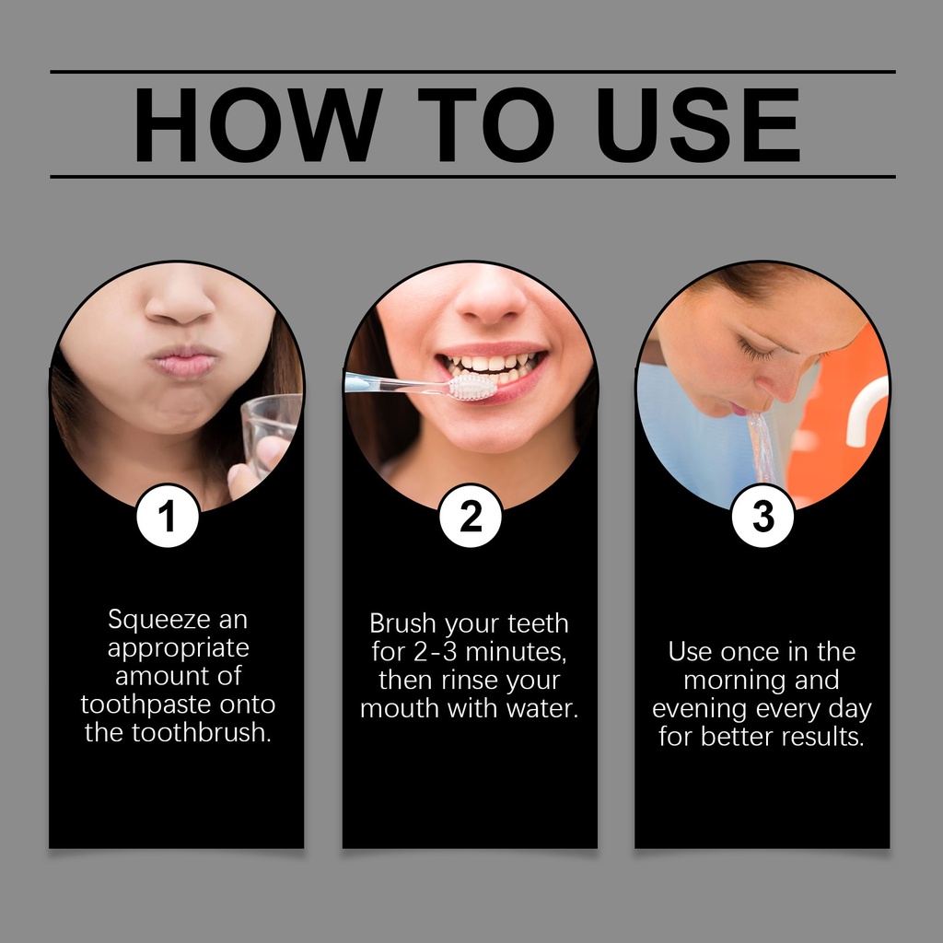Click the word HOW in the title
point(258,124)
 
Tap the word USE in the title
point(698,124)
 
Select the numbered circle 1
point(168,516)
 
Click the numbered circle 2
point(471,516)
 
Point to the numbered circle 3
point(763,516)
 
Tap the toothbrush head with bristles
point(473,387)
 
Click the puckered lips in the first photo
point(184,362)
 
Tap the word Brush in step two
point(402,623)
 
